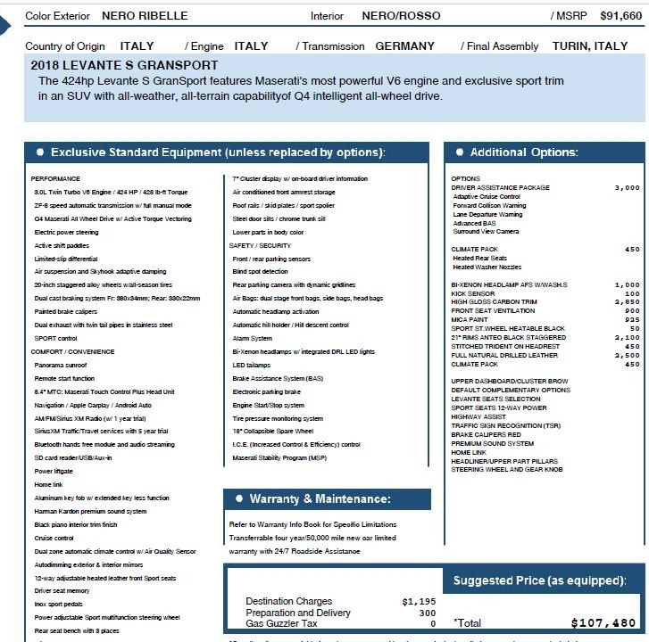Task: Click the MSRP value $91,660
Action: (620, 16)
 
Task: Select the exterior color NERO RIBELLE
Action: (146, 16)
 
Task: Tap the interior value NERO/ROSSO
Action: (400, 16)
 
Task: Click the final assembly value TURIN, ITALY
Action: (590, 45)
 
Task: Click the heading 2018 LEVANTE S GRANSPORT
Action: (124, 65)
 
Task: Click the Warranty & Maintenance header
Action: (320, 498)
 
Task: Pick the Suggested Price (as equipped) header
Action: (539, 580)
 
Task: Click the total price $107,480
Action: (603, 623)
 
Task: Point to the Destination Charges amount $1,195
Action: (419, 602)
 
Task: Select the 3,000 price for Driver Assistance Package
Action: (628, 188)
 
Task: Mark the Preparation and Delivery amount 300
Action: (427, 613)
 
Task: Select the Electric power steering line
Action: (67, 231)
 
